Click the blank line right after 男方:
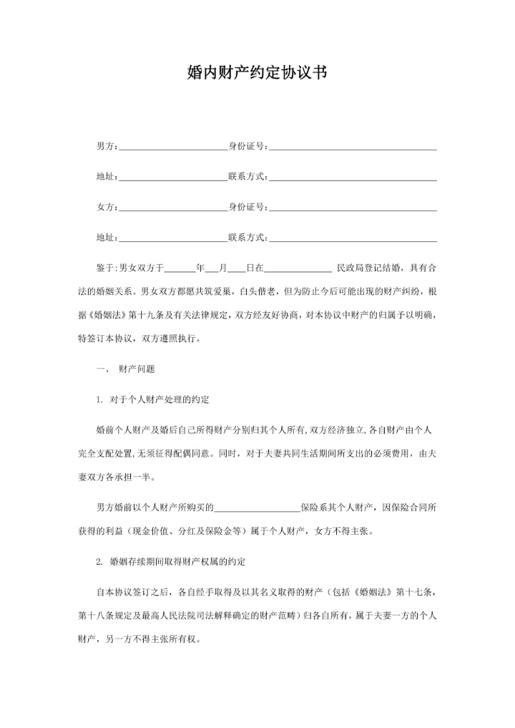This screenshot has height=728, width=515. click(172, 147)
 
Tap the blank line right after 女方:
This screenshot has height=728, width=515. click(172, 208)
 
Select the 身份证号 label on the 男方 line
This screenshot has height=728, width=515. click(246, 147)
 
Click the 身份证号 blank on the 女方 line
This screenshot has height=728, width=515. click(353, 208)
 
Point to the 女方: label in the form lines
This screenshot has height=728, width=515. click(106, 208)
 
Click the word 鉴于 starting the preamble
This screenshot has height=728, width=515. click(104, 268)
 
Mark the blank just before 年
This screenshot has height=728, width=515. click(180, 270)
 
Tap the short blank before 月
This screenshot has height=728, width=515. click(212, 270)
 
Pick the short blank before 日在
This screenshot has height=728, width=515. click(237, 270)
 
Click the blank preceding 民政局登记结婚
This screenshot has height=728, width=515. click(298, 270)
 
